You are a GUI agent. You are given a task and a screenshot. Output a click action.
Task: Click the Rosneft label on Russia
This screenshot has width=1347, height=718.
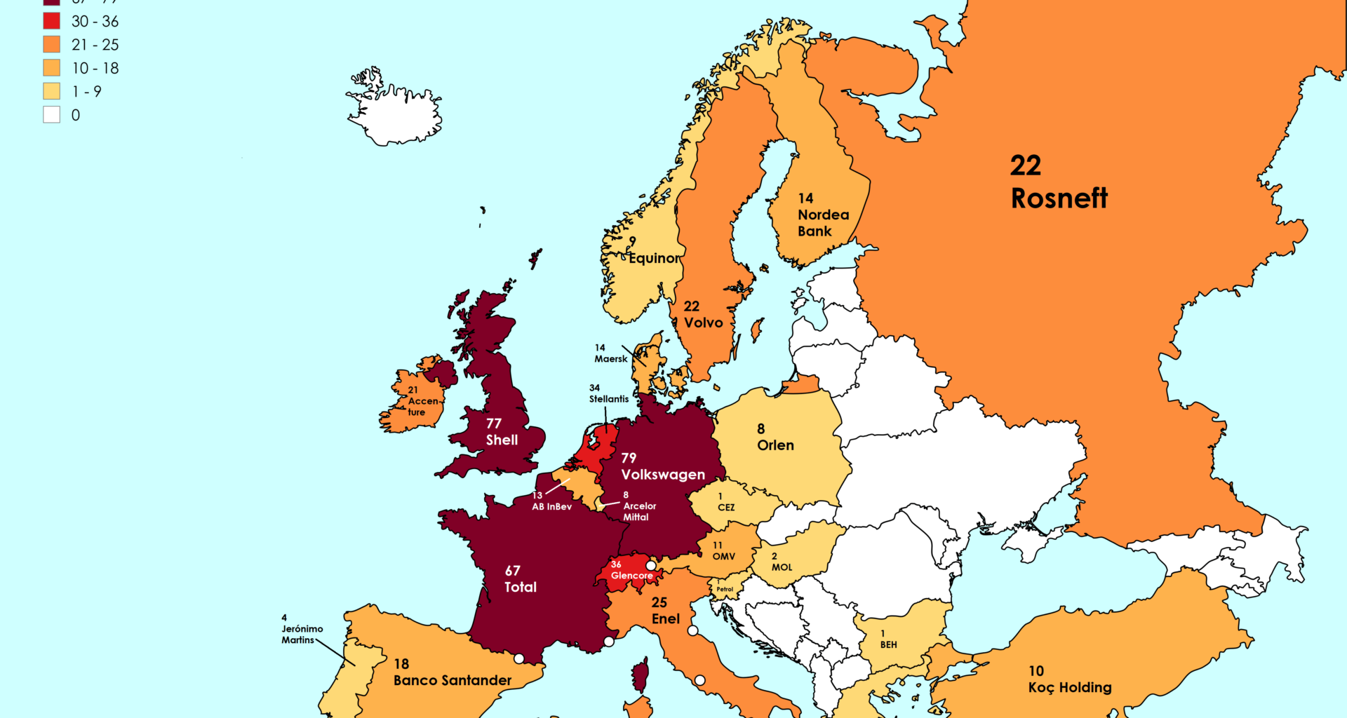[x=1059, y=198]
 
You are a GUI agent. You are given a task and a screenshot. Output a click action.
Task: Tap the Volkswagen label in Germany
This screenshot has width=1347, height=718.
[x=662, y=475]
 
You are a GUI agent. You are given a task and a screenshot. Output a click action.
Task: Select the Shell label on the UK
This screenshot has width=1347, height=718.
[x=502, y=440]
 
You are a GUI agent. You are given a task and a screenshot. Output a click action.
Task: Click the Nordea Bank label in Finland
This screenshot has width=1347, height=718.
[x=822, y=222]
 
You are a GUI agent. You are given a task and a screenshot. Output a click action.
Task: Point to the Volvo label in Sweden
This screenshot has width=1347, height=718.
[x=703, y=323]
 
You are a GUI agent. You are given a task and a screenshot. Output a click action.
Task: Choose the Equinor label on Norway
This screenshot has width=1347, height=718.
[x=654, y=258]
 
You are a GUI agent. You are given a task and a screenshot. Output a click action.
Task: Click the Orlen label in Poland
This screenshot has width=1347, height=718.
[x=775, y=445]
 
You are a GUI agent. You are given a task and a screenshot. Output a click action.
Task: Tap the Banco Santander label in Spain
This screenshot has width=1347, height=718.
[x=453, y=680]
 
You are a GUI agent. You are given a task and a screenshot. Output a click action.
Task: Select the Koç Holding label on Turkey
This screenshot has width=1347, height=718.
[x=1069, y=687]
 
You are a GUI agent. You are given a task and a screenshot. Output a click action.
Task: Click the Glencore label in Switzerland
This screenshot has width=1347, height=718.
[x=631, y=576]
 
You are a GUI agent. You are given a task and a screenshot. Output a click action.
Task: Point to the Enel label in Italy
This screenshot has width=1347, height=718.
[x=665, y=618]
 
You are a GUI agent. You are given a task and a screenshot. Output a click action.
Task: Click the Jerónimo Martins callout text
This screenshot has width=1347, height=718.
[x=302, y=634]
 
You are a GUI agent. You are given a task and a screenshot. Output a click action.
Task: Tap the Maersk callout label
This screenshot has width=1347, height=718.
[x=610, y=358]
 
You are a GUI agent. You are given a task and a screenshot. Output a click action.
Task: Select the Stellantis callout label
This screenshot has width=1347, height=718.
[x=608, y=399]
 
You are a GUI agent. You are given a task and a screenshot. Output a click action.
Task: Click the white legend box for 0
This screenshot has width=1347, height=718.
[x=52, y=115]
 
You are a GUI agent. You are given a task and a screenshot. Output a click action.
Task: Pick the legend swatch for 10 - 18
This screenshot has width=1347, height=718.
[x=52, y=68]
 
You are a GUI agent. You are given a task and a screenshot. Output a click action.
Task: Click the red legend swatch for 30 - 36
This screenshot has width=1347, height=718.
[x=52, y=21]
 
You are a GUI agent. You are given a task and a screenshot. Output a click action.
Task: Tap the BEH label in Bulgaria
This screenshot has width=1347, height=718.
[x=888, y=644]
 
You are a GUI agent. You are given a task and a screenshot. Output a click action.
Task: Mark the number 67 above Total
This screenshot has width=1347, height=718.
[x=512, y=571]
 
